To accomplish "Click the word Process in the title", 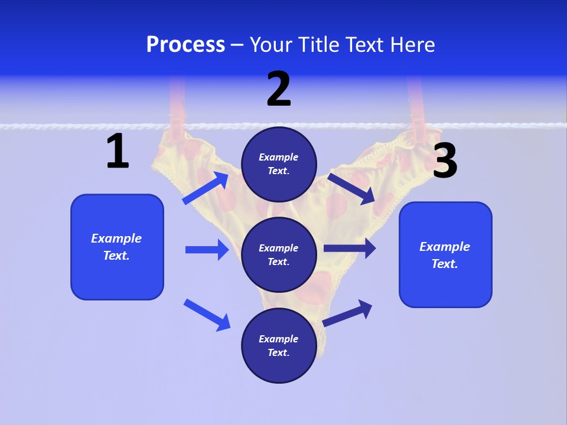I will (185, 44).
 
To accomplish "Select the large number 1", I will (118, 152).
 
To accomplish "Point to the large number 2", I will (279, 89).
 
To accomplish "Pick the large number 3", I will (445, 161).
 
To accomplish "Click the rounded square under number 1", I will (117, 247).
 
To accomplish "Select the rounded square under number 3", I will (445, 254).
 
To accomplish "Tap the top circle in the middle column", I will (279, 164).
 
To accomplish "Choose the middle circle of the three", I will (279, 254).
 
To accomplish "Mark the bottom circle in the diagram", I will (279, 345).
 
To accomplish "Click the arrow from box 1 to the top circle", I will (206, 188).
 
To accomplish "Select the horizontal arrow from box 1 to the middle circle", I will (207, 250).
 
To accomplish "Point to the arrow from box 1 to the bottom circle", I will (207, 314).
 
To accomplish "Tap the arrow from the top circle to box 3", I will (351, 188).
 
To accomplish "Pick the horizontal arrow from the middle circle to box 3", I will (350, 249).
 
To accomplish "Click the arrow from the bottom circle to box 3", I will (347, 313).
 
